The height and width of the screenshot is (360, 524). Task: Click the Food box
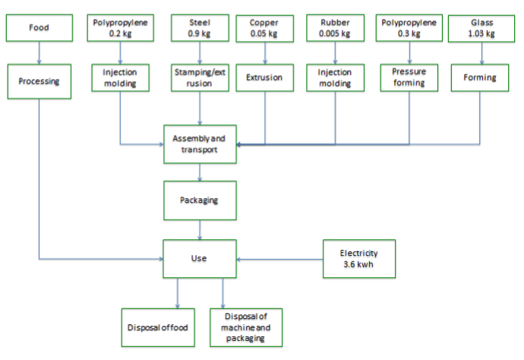coord(38,27)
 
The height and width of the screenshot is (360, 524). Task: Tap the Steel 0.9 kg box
coord(200,27)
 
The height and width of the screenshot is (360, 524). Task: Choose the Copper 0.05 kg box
coord(264,27)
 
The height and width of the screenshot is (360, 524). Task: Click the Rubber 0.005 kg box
coord(335,27)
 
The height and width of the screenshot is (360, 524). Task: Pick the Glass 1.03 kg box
coord(481,27)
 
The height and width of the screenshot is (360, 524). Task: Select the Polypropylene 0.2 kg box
coord(120,27)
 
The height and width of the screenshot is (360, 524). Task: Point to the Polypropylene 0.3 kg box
coord(409,27)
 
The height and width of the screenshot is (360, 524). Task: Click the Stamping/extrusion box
coord(200,77)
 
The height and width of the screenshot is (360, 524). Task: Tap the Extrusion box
coord(264,77)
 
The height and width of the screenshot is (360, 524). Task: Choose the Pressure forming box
coord(409,77)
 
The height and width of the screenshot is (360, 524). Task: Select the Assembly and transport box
coord(200,144)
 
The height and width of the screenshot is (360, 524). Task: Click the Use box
coord(200,258)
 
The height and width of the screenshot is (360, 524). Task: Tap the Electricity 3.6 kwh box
coord(358,258)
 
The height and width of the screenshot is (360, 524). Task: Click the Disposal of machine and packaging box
coord(245,327)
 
